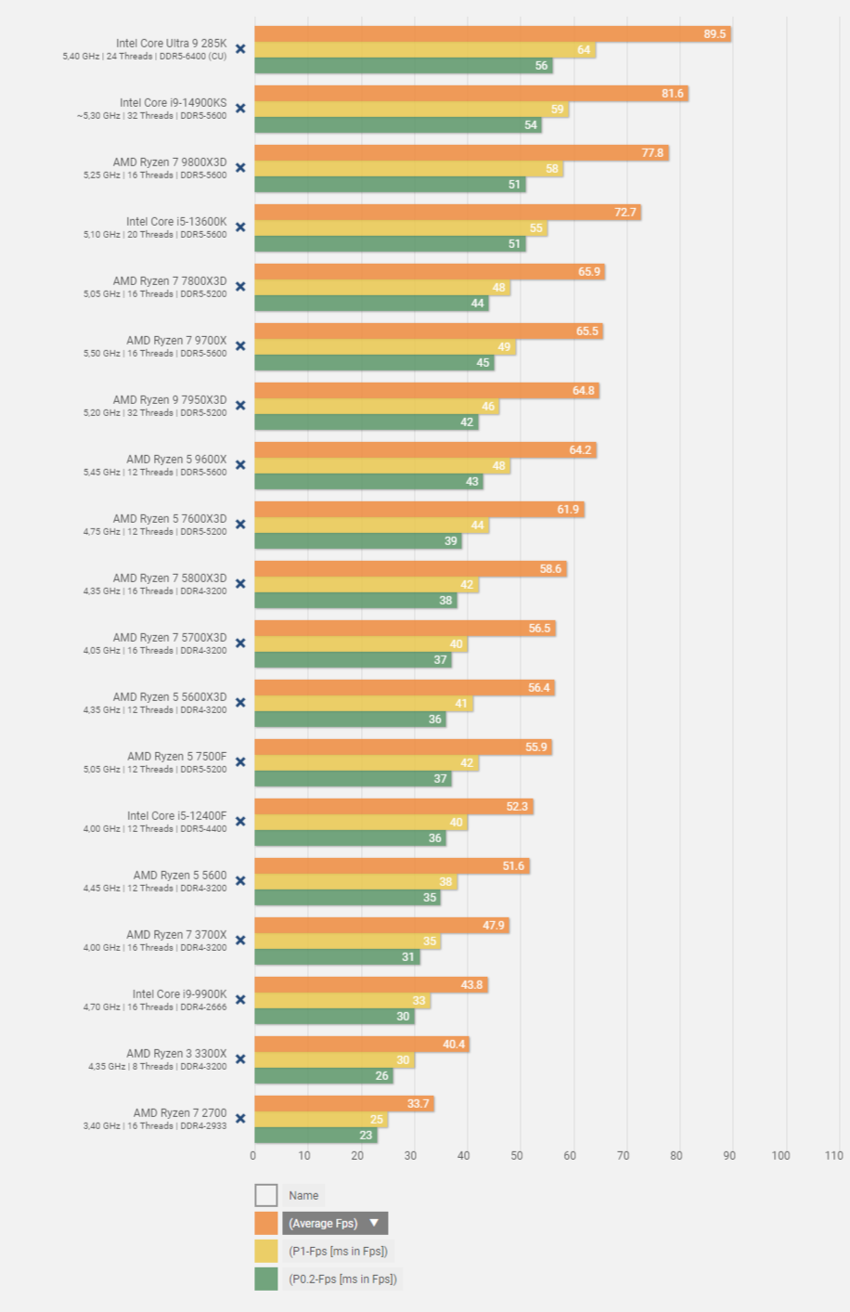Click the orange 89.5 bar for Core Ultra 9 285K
pyautogui.click(x=492, y=34)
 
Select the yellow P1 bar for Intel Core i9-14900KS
pyautogui.click(x=411, y=110)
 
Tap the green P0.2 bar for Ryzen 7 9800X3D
pyautogui.click(x=390, y=185)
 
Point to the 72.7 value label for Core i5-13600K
pyautogui.click(x=625, y=213)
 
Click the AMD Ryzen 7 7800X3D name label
pyautogui.click(x=170, y=280)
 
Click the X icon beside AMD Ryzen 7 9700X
pyautogui.click(x=240, y=346)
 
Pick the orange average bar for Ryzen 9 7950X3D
pyautogui.click(x=427, y=391)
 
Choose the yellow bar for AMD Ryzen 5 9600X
pyautogui.click(x=382, y=466)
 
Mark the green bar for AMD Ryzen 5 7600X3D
pyautogui.click(x=358, y=541)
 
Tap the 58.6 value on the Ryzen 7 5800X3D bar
pyautogui.click(x=550, y=569)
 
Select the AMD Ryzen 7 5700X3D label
pyautogui.click(x=170, y=637)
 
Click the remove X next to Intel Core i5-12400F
pyautogui.click(x=240, y=822)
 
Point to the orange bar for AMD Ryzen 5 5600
pyautogui.click(x=392, y=866)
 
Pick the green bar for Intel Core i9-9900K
pyautogui.click(x=334, y=1017)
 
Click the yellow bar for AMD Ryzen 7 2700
pyautogui.click(x=321, y=1120)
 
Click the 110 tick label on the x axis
pyautogui.click(x=833, y=1156)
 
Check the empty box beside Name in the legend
pyautogui.click(x=266, y=1195)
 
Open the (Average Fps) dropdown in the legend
pyautogui.click(x=335, y=1223)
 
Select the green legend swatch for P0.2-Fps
pyautogui.click(x=266, y=1279)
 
